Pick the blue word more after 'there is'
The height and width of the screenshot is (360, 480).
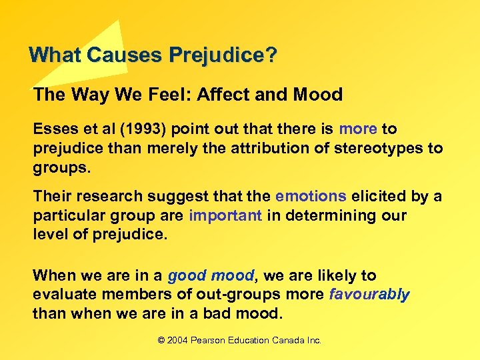(358, 129)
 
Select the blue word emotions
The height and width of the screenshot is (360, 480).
(311, 197)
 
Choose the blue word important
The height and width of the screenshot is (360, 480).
(225, 216)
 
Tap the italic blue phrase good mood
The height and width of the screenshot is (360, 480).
(211, 275)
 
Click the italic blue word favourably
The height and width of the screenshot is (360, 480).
(369, 295)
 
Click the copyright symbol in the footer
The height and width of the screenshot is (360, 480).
(161, 341)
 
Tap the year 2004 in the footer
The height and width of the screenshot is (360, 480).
(178, 341)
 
